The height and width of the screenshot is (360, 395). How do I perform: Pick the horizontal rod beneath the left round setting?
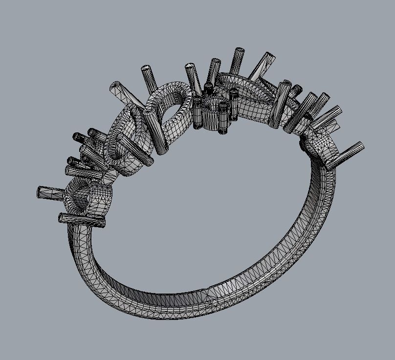click(x=82, y=220)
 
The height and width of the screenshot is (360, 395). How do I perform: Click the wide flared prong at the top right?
click(x=261, y=66)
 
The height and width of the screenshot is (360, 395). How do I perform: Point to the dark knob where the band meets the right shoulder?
click(x=304, y=144)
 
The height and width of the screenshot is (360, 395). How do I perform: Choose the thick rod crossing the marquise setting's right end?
click(x=281, y=105)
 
